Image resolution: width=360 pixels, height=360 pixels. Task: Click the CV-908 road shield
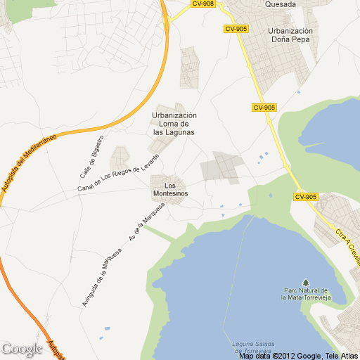[202, 4]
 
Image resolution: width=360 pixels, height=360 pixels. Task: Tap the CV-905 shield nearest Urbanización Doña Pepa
[236, 29]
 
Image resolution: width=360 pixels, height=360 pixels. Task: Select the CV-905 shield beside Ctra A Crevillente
[307, 197]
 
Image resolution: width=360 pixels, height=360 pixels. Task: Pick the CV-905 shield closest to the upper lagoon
[264, 108]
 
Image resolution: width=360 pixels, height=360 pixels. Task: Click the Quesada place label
[280, 4]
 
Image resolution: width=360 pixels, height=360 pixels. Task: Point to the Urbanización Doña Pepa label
[290, 35]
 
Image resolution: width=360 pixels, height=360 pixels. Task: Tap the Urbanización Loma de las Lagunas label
[174, 124]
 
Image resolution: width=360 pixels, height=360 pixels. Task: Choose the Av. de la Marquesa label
[146, 223]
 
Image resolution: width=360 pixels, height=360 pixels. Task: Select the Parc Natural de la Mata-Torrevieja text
[305, 294]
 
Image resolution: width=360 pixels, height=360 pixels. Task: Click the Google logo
[22, 348]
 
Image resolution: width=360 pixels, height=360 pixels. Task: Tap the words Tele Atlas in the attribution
[341, 356]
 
